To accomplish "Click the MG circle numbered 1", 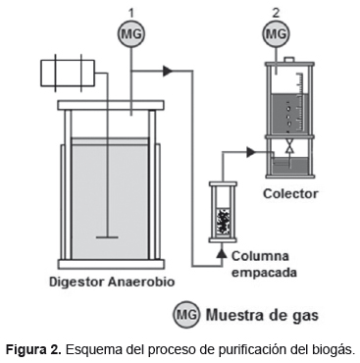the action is point(131,33).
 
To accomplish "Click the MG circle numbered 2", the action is point(277,33).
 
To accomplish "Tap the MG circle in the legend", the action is point(186,315).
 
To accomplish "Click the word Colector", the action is point(290,193).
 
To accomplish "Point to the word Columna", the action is point(260,256).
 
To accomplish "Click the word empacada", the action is point(264,272).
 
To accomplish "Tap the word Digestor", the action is point(77,282).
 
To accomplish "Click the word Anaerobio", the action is point(141,282).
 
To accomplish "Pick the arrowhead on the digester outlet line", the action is point(168,71).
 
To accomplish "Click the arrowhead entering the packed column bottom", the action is point(222,253).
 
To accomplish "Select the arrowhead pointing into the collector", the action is point(251,152).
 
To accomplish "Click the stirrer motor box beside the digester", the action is point(68,73).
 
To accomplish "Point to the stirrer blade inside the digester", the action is point(107,237).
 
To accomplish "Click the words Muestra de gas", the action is point(262,316).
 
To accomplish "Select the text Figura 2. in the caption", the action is point(33,350).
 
